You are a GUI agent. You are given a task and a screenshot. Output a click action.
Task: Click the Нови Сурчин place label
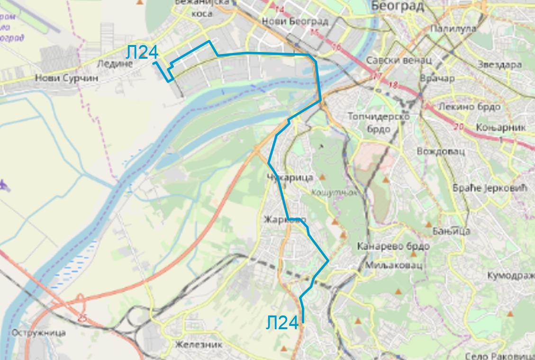pos(67,78)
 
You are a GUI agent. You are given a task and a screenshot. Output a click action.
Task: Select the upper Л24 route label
pos(142,52)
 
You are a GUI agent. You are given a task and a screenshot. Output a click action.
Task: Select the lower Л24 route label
pos(282,323)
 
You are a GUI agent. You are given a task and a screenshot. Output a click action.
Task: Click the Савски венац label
pos(399,60)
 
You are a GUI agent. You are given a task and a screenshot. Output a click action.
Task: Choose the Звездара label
pos(499,64)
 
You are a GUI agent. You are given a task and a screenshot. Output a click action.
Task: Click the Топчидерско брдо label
pos(378,122)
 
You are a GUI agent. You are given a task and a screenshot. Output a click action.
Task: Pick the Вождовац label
pos(440,151)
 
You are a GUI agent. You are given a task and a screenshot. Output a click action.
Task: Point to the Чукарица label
pos(290,177)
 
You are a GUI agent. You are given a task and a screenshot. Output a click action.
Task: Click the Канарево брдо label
pos(393,246)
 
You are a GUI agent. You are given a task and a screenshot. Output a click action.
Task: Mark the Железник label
pos(199,344)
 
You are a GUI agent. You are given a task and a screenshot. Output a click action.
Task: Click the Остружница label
pos(39,333)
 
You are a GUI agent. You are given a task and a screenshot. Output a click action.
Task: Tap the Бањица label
pos(451,231)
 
